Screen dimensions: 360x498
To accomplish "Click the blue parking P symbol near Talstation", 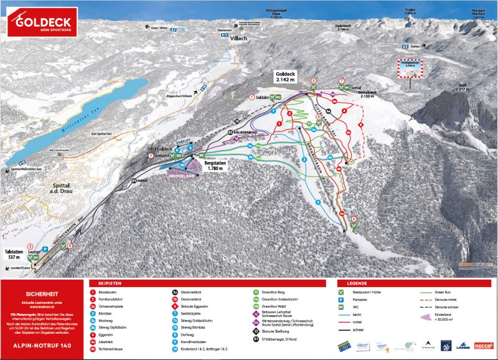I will pyautogui.click(x=44, y=249).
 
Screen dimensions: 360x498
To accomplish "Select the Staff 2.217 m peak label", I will pyautogui.click(x=461, y=88).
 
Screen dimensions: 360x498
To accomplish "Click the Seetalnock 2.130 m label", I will pyautogui.click(x=367, y=94).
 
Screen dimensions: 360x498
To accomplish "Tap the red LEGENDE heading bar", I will pyautogui.click(x=413, y=283).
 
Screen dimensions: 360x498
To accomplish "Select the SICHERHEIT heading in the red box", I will pyautogui.click(x=41, y=291).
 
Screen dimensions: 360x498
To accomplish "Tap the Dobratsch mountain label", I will pyautogui.click(x=343, y=26).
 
